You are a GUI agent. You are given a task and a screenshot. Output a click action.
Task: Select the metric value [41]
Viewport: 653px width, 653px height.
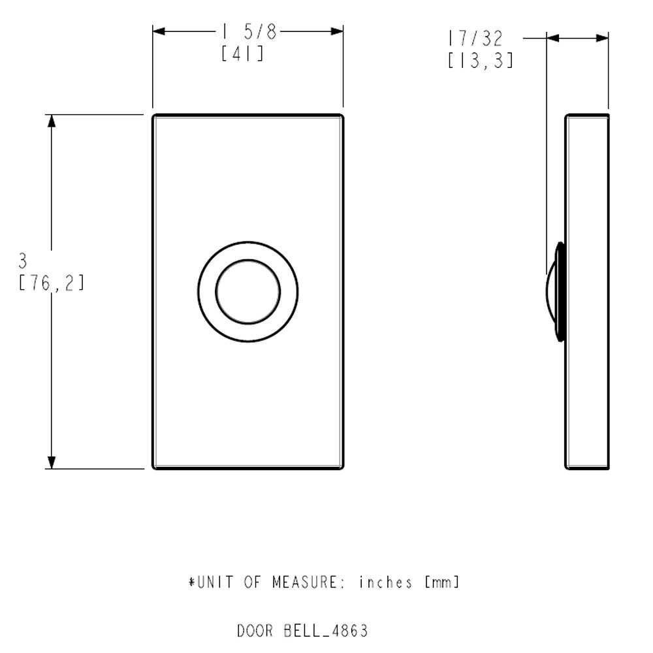243,54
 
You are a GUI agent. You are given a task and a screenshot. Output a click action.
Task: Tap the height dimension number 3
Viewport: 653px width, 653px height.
23,262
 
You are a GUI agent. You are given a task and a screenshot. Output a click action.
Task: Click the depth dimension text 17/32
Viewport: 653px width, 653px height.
475,37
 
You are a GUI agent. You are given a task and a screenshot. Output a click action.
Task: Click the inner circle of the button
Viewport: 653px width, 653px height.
248,291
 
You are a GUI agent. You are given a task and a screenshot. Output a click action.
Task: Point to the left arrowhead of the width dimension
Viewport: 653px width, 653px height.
160,31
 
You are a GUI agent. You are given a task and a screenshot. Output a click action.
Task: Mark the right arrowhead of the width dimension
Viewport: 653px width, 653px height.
336,31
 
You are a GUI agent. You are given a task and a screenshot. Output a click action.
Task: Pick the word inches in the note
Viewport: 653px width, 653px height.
386,582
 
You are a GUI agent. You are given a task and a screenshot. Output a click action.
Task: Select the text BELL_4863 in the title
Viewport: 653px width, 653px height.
326,631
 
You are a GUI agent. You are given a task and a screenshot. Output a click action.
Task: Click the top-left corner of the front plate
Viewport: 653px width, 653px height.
153,116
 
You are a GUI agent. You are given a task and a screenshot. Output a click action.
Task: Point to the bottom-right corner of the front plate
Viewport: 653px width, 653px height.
342,468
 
